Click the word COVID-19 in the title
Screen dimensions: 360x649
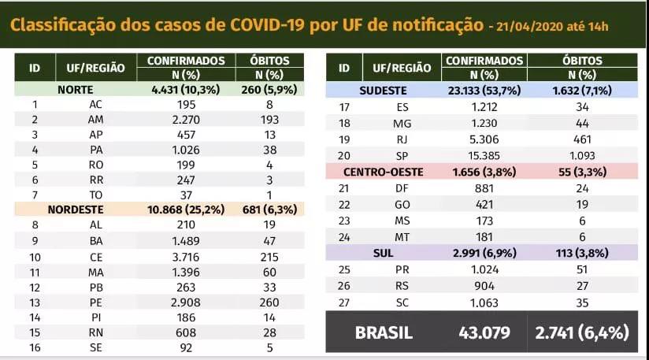point(267,25)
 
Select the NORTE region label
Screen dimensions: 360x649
point(76,90)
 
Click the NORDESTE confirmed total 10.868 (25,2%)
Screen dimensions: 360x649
point(187,210)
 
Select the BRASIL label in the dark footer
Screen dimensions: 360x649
point(384,332)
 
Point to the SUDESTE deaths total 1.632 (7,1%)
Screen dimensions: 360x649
point(584,91)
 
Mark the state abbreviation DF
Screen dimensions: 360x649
point(402,187)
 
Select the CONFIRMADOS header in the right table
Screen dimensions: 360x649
point(484,61)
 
